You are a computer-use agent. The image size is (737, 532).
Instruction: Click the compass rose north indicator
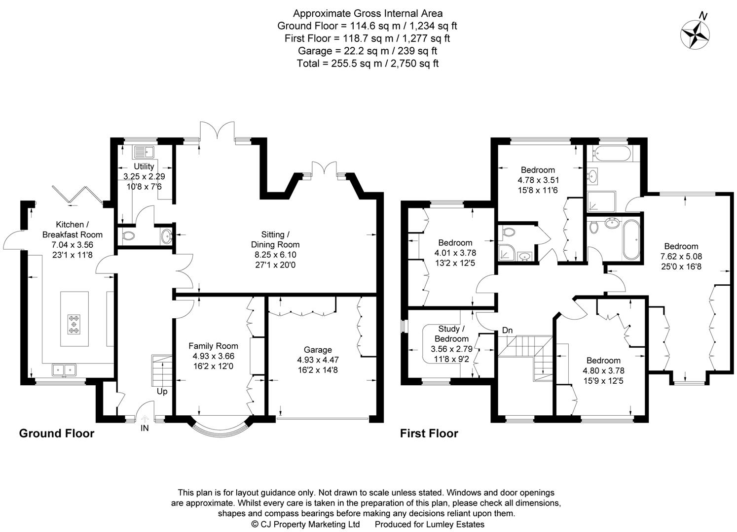[x=695, y=34]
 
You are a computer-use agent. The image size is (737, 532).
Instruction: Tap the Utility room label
[x=144, y=166]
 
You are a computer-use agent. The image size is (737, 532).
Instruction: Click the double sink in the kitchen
[x=64, y=369]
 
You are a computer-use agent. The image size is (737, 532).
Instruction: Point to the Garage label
[x=318, y=350]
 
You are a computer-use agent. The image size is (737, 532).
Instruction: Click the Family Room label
[x=213, y=346]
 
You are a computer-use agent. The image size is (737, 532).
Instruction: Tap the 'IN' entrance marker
[x=145, y=428]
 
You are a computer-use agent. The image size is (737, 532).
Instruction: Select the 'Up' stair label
[x=162, y=392]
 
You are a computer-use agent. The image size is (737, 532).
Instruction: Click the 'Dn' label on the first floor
[x=507, y=330]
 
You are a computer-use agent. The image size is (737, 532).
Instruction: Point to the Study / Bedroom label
[x=451, y=334]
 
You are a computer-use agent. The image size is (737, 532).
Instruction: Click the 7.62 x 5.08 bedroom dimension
[x=681, y=257]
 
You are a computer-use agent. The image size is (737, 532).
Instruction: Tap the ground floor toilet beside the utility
[x=128, y=236]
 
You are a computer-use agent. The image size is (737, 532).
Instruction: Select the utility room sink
[x=144, y=151]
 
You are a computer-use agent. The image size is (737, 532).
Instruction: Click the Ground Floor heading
[x=56, y=433]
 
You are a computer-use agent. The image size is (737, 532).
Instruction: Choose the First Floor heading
[x=429, y=433]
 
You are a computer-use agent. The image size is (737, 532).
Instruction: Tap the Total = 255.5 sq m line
[x=368, y=64]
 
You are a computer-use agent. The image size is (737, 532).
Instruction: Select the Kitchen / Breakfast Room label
[x=72, y=230]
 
